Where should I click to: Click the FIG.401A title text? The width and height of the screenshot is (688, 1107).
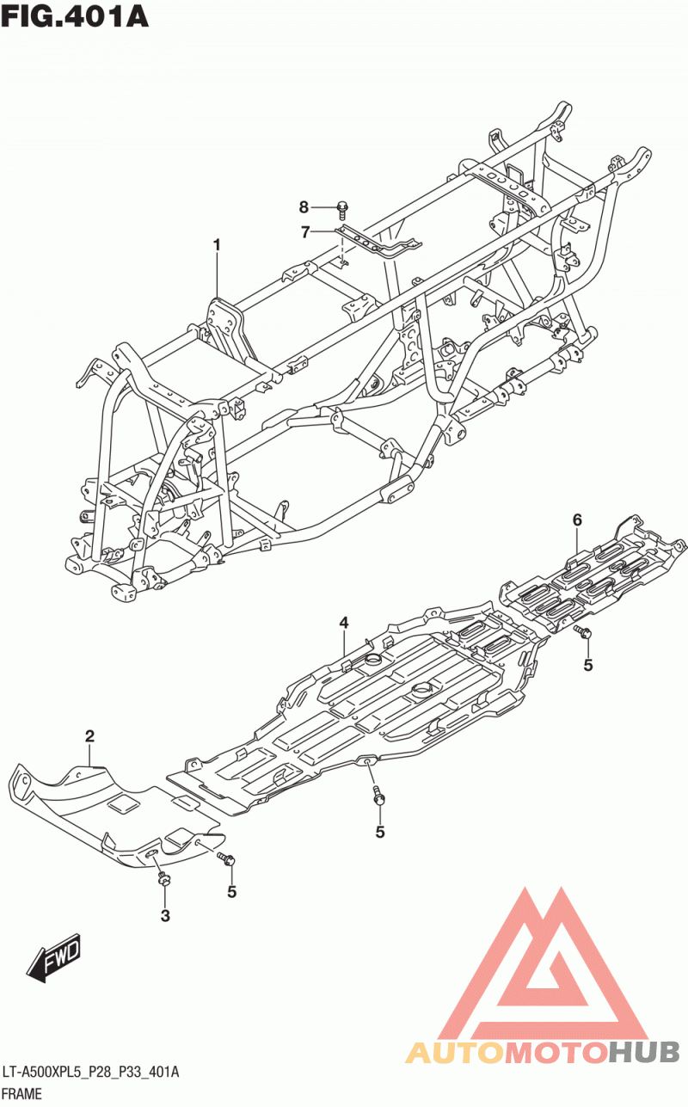(x=75, y=16)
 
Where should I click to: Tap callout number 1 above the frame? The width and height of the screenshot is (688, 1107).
(x=217, y=245)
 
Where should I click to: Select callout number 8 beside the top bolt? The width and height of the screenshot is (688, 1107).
(x=304, y=207)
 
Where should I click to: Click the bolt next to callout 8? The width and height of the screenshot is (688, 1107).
(x=342, y=210)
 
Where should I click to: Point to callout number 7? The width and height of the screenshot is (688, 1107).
(x=305, y=231)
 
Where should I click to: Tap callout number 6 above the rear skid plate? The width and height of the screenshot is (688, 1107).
(x=577, y=520)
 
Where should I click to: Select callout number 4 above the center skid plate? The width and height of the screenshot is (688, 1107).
(x=344, y=623)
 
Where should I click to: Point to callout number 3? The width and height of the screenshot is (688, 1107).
(x=166, y=915)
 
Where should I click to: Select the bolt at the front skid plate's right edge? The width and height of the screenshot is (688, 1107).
(x=226, y=858)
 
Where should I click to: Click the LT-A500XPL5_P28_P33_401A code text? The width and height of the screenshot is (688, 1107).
(x=91, y=1073)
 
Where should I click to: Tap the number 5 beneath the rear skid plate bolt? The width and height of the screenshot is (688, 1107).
(x=588, y=665)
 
